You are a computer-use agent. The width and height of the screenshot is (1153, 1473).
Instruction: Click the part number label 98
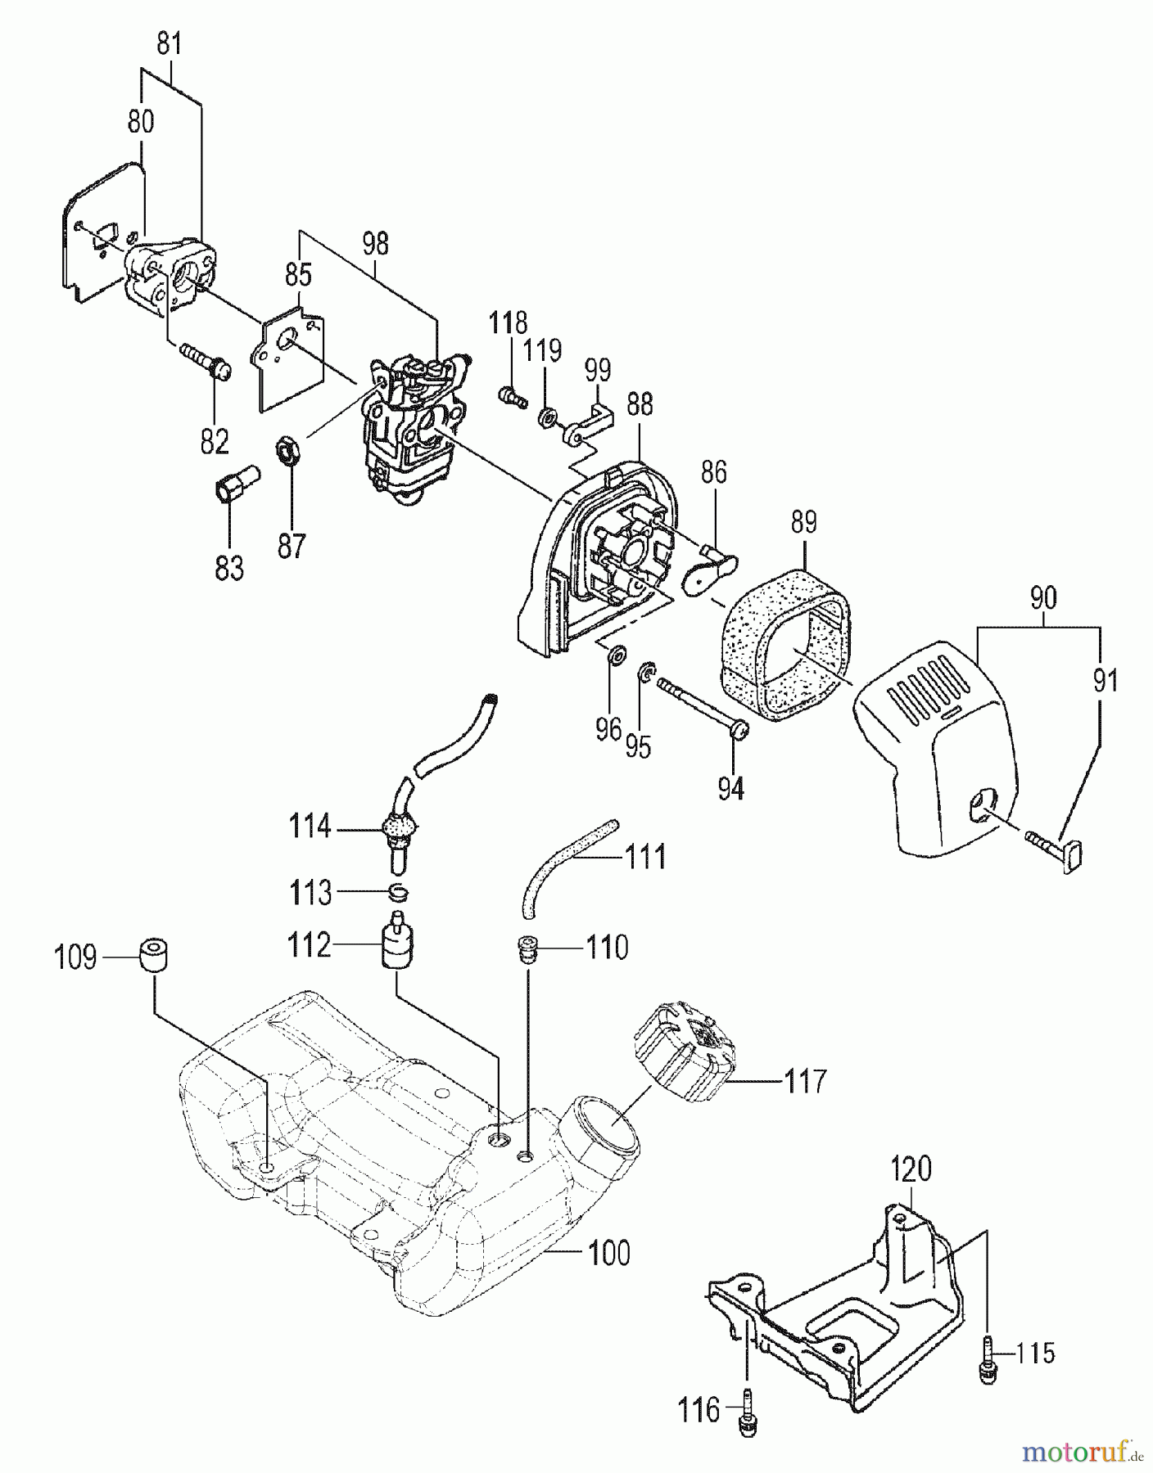(375, 244)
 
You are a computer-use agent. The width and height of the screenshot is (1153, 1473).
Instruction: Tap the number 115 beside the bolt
(1035, 1354)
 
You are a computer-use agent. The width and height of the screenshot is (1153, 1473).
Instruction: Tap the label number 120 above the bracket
(911, 1169)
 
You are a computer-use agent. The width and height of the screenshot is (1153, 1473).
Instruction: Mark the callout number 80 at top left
(141, 123)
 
